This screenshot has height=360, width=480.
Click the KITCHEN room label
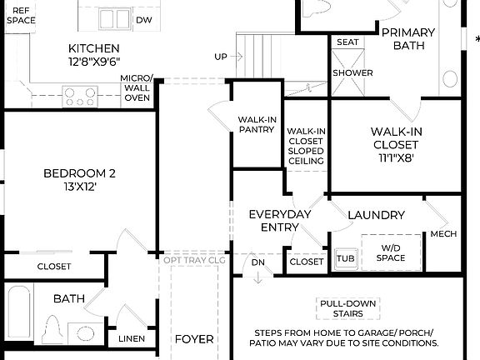coord(93,48)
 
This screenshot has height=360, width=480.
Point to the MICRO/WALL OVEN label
coord(137,88)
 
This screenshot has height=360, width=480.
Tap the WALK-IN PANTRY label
coord(256,124)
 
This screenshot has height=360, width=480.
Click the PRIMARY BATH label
coord(408,38)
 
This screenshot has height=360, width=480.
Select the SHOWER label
coord(352,72)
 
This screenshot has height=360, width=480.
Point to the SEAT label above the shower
coord(347,42)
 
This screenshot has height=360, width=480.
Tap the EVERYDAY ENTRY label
coord(279,221)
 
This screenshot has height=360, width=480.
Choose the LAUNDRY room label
coord(376,215)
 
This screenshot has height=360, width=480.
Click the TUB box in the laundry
coord(345,258)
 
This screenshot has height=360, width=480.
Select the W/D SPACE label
coord(391,253)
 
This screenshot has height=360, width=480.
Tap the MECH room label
coord(443,234)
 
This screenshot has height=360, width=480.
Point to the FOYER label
coord(193,339)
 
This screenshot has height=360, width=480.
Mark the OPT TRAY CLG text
coord(194,260)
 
